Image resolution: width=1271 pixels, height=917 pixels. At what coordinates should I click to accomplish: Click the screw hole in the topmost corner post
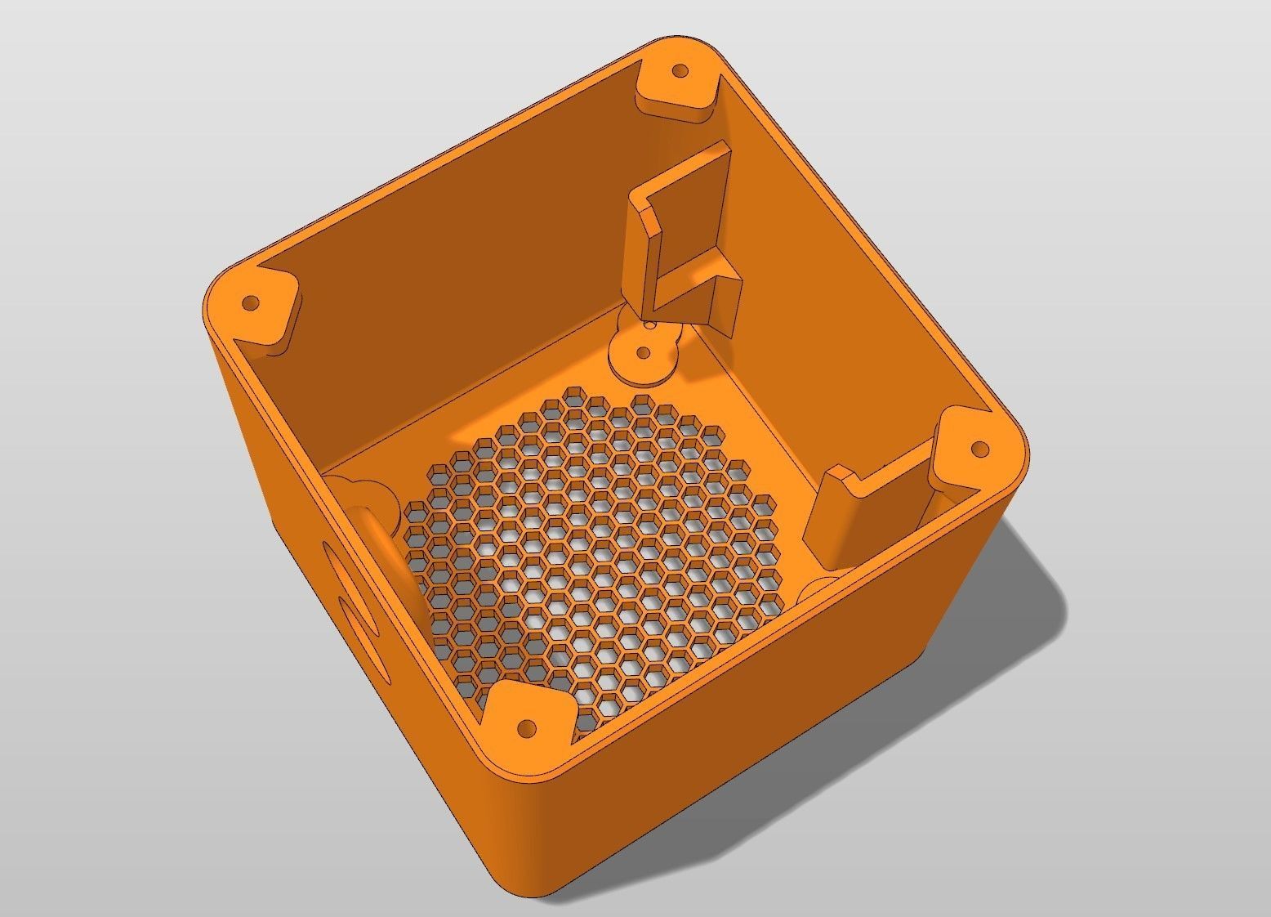pos(677,71)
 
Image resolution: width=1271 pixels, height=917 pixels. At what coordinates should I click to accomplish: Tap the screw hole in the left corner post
pos(252,303)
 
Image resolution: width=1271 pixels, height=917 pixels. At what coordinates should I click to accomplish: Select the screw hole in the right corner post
pos(979,449)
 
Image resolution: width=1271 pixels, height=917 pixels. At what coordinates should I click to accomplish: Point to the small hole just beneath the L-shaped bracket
pos(651,324)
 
